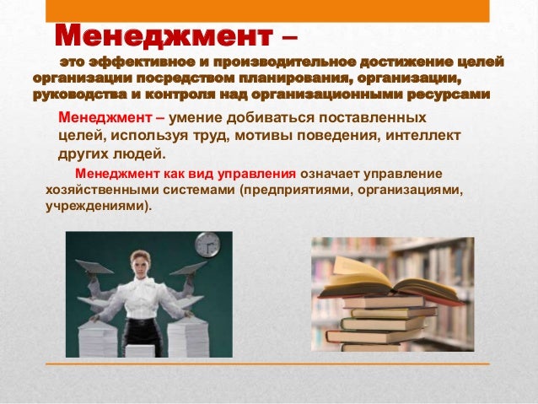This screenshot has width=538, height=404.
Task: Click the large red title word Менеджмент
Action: pyautogui.click(x=164, y=35)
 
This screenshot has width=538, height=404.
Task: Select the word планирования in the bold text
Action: pyautogui.click(x=294, y=78)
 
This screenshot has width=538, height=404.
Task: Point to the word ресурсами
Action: pyautogui.click(x=448, y=94)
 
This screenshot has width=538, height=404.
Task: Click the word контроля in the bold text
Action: pyautogui.click(x=180, y=94)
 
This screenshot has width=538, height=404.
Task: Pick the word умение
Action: pyautogui.click(x=196, y=118)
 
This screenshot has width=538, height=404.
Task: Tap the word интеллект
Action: pyautogui.click(x=422, y=136)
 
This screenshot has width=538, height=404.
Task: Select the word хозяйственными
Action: pyautogui.click(x=102, y=190)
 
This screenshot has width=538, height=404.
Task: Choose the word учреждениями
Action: pyautogui.click(x=99, y=207)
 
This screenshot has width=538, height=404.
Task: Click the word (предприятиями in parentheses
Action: pyautogui.click(x=296, y=190)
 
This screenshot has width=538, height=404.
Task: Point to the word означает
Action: pyautogui.click(x=330, y=174)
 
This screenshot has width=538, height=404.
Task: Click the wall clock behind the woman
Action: pyautogui.click(x=207, y=245)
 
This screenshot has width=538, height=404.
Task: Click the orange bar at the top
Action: pyautogui.click(x=267, y=11)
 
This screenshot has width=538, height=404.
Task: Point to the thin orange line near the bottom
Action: pyautogui.click(x=267, y=364)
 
